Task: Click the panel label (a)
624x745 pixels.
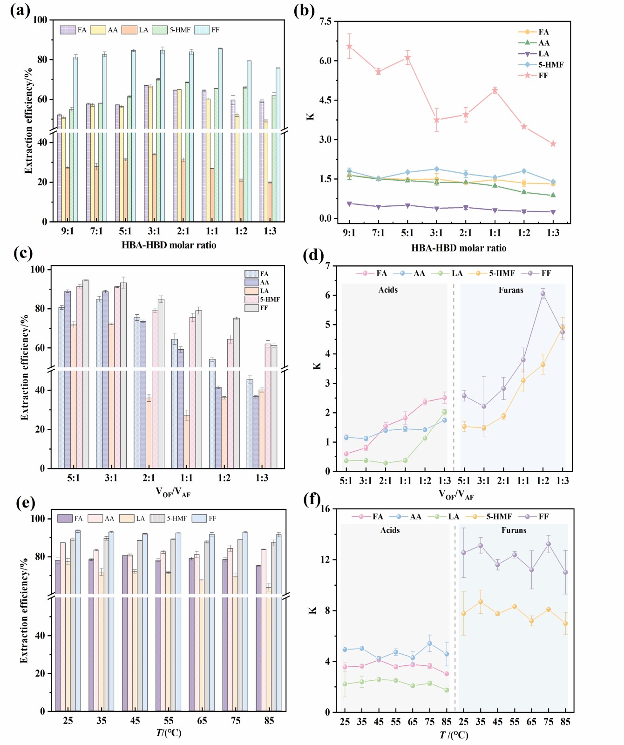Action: tap(20, 10)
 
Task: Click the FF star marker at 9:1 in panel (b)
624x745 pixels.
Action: tap(349, 46)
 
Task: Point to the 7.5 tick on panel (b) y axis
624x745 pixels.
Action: tap(326, 21)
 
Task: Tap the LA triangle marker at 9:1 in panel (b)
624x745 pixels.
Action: tap(349, 203)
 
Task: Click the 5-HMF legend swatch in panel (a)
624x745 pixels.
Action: tap(160, 30)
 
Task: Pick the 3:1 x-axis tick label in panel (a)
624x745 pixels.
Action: tap(154, 231)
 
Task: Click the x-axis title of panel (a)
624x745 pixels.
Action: tap(169, 245)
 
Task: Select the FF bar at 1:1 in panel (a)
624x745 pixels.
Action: tap(220, 135)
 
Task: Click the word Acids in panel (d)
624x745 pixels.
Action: tap(388, 290)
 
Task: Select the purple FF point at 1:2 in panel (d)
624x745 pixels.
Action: tap(543, 294)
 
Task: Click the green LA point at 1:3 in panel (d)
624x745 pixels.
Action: tap(445, 412)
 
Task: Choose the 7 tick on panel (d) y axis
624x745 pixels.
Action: tap(328, 266)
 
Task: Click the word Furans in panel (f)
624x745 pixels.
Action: tap(514, 530)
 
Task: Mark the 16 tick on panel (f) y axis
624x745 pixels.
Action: tap(325, 509)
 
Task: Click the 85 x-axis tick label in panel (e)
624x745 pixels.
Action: tap(269, 721)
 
